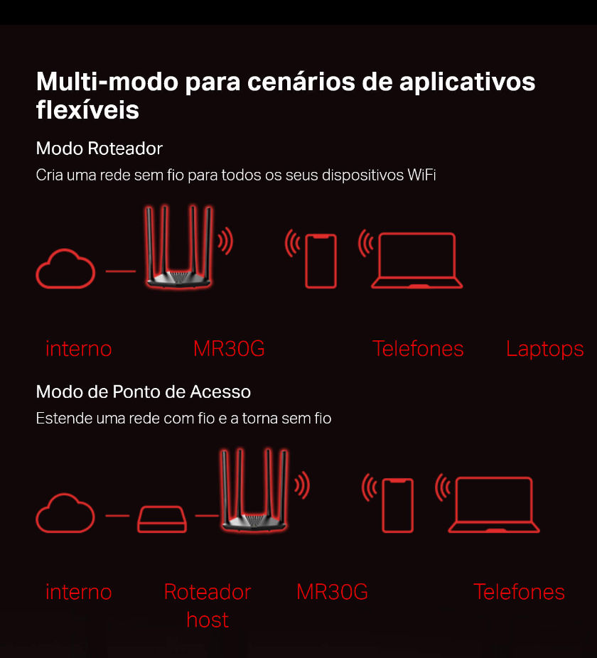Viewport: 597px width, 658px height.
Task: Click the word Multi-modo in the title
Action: tap(107, 82)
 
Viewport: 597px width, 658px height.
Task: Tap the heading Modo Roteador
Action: tap(99, 149)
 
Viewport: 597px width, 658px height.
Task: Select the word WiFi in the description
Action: tap(421, 175)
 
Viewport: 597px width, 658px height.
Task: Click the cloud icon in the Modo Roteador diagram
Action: tap(65, 269)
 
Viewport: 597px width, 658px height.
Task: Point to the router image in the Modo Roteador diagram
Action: tap(179, 247)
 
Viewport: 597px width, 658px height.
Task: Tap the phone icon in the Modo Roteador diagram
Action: tap(321, 261)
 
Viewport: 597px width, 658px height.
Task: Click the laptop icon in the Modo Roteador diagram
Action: tap(417, 261)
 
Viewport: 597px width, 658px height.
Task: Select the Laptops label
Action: tap(545, 349)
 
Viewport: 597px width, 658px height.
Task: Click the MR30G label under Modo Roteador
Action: tap(229, 349)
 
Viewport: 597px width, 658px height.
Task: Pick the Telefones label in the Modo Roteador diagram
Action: tap(418, 349)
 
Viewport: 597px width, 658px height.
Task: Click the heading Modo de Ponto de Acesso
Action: tap(144, 392)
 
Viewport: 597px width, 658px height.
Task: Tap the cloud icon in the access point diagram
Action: tap(65, 513)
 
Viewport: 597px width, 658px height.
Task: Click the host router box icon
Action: tap(162, 519)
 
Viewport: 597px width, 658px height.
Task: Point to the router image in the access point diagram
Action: tap(254, 490)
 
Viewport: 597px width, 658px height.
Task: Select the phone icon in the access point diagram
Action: tap(397, 505)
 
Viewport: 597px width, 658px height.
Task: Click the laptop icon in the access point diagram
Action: tap(494, 505)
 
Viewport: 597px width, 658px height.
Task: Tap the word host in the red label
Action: tap(208, 620)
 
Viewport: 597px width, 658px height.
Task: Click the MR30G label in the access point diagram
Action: tap(332, 592)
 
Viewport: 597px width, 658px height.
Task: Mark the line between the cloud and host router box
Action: tap(117, 515)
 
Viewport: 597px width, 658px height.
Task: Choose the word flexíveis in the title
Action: tap(87, 110)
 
